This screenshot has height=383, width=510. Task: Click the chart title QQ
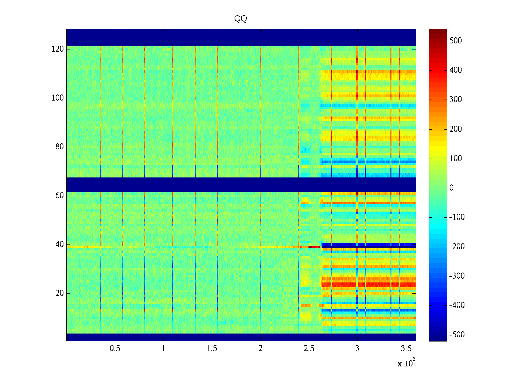point(241,19)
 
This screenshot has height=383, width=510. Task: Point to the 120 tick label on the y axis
point(58,49)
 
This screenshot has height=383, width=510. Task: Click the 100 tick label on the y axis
point(58,98)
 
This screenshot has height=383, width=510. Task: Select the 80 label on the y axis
point(60,147)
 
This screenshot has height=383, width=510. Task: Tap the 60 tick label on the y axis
point(60,196)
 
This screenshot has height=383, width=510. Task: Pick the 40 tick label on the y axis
point(60,244)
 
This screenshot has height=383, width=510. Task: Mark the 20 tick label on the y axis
point(60,293)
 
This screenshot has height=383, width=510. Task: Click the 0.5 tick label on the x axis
point(115,349)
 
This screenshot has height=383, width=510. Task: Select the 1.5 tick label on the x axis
point(212,349)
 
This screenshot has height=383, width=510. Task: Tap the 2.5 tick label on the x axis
point(309,349)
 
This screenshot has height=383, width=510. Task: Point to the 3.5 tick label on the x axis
point(406,349)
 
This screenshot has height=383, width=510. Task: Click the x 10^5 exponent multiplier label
point(406,363)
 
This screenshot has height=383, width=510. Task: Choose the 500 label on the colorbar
point(455,41)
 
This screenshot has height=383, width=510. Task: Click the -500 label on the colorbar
point(457,335)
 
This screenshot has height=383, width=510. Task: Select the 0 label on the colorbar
point(451,188)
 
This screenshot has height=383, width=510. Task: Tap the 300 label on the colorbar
point(455,100)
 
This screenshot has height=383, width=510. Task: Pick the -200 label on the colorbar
point(457,247)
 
